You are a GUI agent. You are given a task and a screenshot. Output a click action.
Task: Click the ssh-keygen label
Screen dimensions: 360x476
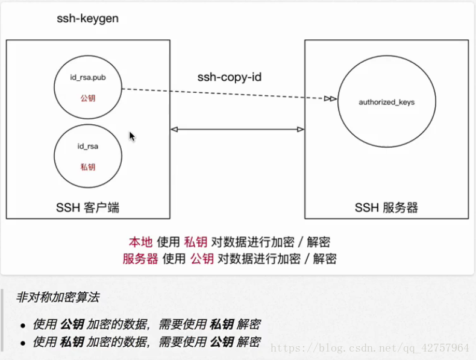(x=87, y=19)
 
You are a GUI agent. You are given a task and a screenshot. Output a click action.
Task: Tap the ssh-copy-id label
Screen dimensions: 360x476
(x=230, y=78)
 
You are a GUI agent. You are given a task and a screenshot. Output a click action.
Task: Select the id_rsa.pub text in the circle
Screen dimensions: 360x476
(x=88, y=78)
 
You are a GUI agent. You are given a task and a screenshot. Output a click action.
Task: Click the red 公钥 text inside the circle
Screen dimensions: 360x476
(x=88, y=97)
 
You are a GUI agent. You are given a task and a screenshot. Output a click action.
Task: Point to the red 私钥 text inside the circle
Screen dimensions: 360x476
(x=88, y=167)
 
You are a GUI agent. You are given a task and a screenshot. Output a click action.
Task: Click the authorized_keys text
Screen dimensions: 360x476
(x=387, y=103)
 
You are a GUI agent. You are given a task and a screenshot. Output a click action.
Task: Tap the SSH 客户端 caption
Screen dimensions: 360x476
(x=87, y=208)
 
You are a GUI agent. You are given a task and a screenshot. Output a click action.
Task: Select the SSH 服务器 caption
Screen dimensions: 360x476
(x=386, y=208)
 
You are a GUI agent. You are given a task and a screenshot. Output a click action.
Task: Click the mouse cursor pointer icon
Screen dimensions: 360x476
(x=132, y=136)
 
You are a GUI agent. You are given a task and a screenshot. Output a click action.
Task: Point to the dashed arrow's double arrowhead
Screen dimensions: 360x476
(x=330, y=98)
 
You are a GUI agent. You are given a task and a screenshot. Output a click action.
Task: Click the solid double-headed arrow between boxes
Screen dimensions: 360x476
(x=237, y=129)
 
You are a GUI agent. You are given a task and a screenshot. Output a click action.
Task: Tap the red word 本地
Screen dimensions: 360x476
(x=140, y=242)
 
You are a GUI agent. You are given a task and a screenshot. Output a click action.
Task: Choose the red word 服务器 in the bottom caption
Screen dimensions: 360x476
(x=140, y=259)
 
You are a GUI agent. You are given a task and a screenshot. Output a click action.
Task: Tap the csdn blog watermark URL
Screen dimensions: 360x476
(x=369, y=348)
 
